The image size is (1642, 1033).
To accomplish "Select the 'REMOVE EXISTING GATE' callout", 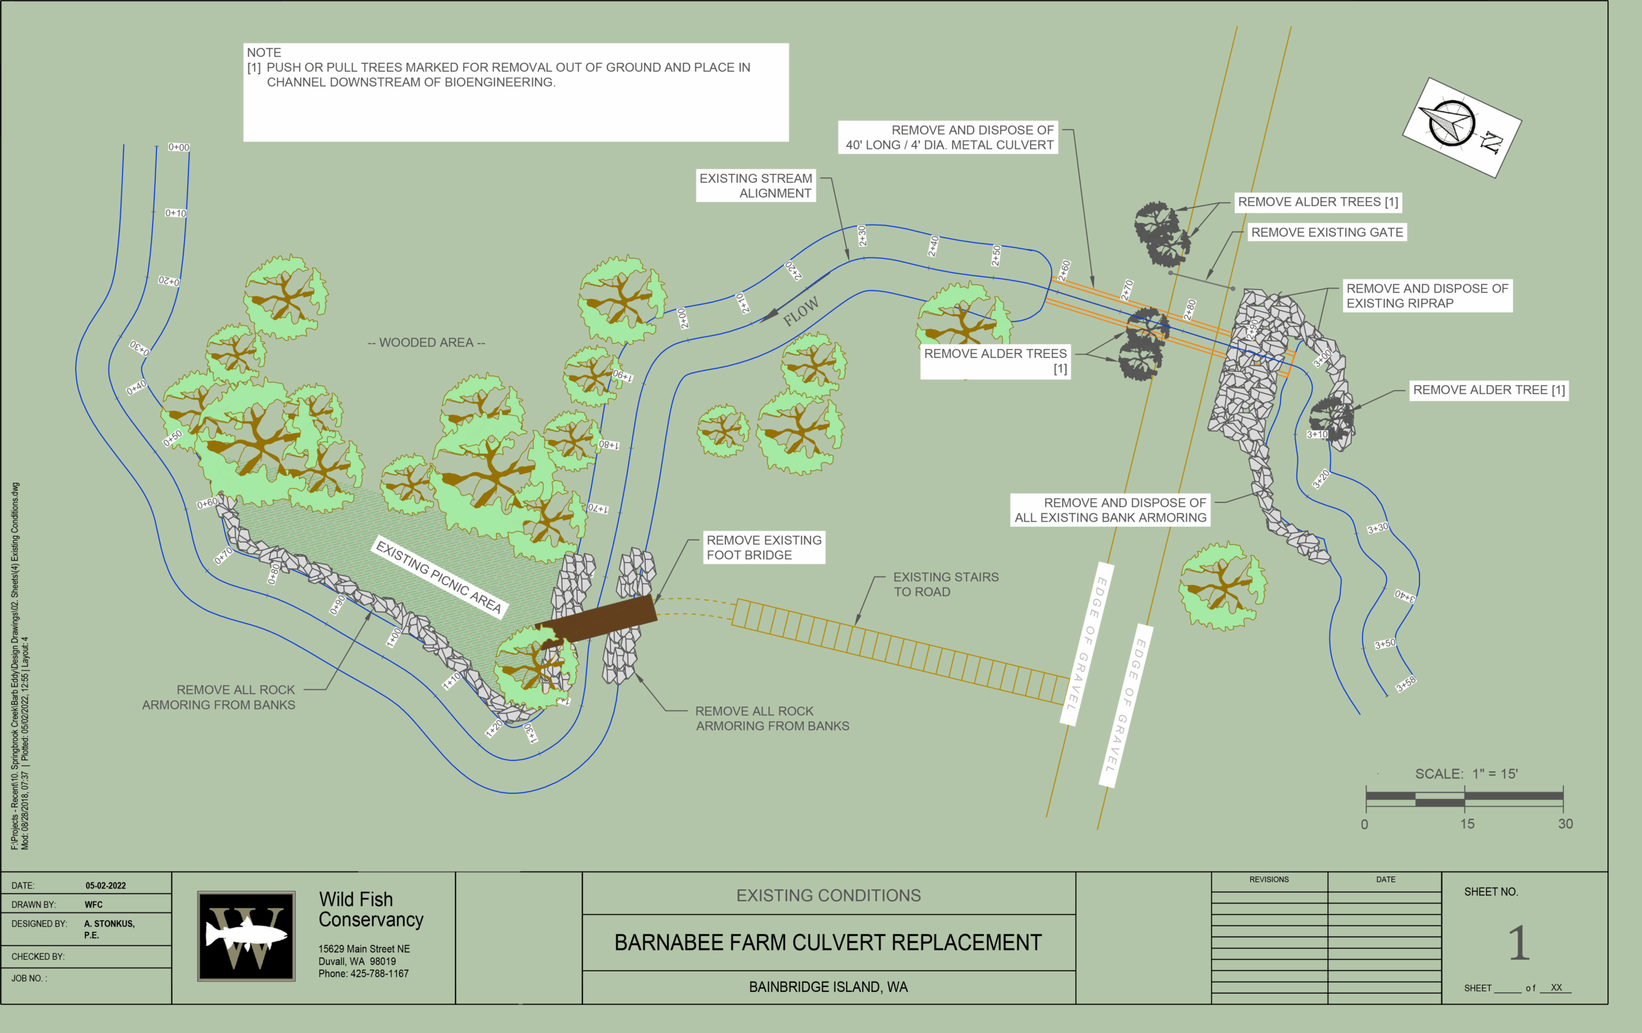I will [x=1326, y=232].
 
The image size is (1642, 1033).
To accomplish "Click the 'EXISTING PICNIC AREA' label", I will [x=439, y=577].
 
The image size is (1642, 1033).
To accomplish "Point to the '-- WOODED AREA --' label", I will [x=426, y=343].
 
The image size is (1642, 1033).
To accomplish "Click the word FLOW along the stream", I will [x=800, y=311].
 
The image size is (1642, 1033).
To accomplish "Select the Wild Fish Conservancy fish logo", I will [x=246, y=935].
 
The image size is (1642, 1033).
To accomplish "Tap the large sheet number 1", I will [x=1518, y=943].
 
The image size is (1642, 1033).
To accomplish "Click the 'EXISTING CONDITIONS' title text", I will [x=828, y=895].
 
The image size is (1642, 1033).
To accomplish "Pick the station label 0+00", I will [x=179, y=148].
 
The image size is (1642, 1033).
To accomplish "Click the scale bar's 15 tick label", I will [x=1467, y=824].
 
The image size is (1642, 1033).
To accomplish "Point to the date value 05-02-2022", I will [x=106, y=885].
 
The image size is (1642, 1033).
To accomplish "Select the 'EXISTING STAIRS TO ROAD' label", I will [x=945, y=584].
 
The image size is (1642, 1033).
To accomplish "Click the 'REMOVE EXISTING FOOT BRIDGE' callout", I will [x=764, y=547].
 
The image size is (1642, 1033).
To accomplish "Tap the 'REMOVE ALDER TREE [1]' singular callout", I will [x=1489, y=389].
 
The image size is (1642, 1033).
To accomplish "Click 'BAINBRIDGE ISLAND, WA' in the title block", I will [x=828, y=987].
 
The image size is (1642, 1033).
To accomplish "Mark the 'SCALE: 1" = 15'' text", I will [x=1466, y=774].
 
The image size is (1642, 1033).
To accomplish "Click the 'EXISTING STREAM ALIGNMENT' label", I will [x=756, y=185].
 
